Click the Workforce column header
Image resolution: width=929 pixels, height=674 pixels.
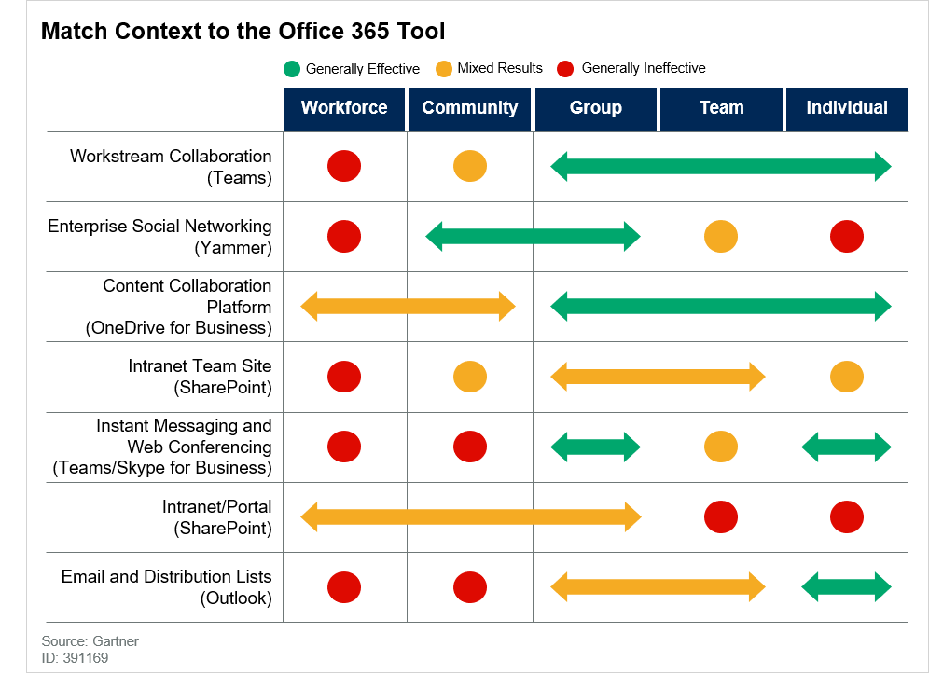pyautogui.click(x=344, y=108)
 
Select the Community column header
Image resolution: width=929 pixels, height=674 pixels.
pyautogui.click(x=470, y=108)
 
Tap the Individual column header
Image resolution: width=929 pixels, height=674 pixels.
pyautogui.click(x=847, y=108)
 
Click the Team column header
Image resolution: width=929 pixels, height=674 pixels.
pyautogui.click(x=721, y=108)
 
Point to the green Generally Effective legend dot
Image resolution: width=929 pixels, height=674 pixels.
pyautogui.click(x=292, y=69)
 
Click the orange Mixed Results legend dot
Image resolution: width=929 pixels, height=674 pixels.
pyautogui.click(x=443, y=69)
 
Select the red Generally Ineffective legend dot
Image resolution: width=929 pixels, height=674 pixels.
pyautogui.click(x=564, y=69)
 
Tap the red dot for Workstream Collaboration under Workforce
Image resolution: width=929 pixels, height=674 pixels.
pyautogui.click(x=344, y=167)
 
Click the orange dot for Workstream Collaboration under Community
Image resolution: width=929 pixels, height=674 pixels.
pyautogui.click(x=470, y=167)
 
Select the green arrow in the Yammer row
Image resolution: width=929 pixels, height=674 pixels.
pyautogui.click(x=533, y=237)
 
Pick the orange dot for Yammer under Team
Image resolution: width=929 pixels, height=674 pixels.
pyautogui.click(x=721, y=237)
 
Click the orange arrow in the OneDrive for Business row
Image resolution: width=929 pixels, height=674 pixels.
pyautogui.click(x=408, y=306)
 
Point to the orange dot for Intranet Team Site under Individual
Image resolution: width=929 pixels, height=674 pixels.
pyautogui.click(x=847, y=377)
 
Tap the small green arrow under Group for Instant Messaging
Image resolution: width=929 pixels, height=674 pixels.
pyautogui.click(x=596, y=447)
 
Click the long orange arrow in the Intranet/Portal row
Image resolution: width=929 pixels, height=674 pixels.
pyautogui.click(x=471, y=516)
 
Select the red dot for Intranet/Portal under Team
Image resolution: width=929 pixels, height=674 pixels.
pyautogui.click(x=721, y=516)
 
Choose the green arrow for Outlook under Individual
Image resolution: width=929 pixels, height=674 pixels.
pyautogui.click(x=847, y=587)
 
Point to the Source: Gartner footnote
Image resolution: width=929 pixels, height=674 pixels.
pyautogui.click(x=90, y=641)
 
